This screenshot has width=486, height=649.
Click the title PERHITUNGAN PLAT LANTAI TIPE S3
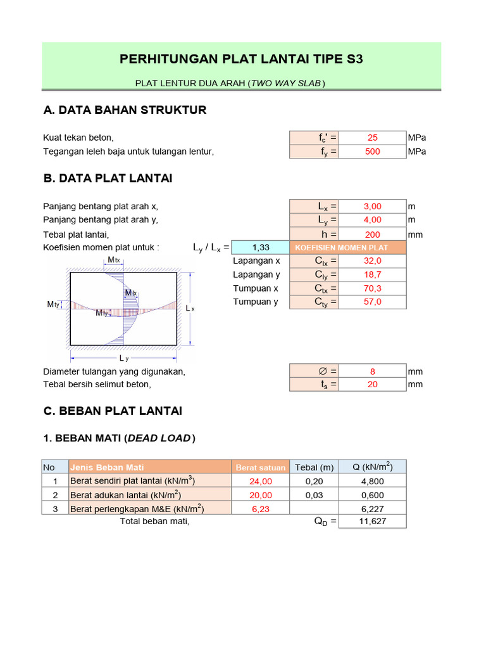click(x=241, y=60)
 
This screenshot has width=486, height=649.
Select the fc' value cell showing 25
click(x=373, y=138)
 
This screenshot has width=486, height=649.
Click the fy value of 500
click(x=373, y=151)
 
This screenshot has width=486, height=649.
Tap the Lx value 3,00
click(x=373, y=206)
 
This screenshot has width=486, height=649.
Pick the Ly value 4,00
click(x=373, y=220)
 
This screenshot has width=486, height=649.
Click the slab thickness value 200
click(x=373, y=234)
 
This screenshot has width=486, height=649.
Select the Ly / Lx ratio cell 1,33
click(x=261, y=247)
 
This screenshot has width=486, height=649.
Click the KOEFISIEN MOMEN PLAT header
click(x=342, y=247)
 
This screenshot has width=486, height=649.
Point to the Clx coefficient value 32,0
click(x=373, y=260)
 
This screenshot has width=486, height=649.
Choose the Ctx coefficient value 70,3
click(x=373, y=288)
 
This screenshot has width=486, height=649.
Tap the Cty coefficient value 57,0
click(x=373, y=302)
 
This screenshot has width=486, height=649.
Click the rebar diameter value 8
click(x=373, y=371)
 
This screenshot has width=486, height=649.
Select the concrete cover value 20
click(x=373, y=384)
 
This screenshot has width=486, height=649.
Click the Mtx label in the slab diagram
click(x=113, y=260)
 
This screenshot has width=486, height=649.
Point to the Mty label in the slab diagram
click(x=54, y=305)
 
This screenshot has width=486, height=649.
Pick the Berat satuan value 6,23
click(x=261, y=508)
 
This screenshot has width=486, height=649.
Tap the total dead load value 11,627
click(x=372, y=522)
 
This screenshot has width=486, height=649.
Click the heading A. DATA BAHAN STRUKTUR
click(x=125, y=110)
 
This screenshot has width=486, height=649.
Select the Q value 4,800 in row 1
click(x=372, y=481)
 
